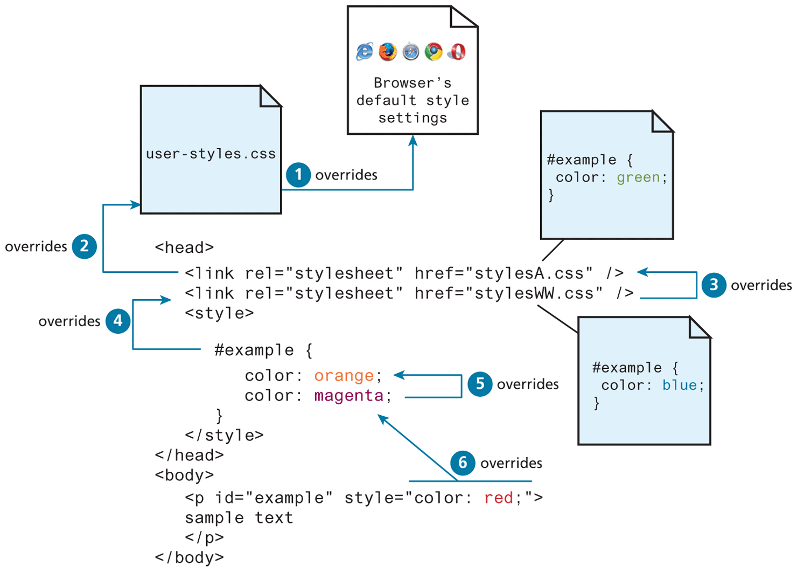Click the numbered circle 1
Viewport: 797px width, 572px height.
pos(298,175)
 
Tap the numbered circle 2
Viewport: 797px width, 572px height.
pos(85,246)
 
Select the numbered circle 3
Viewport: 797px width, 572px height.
pos(714,285)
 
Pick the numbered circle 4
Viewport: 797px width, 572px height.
pos(118,321)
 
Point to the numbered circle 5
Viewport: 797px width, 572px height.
pos(480,384)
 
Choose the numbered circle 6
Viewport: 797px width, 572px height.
pos(463,463)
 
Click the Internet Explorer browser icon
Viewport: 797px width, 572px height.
pos(365,52)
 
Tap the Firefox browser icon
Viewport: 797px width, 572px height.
pos(388,52)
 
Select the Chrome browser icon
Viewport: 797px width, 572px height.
pos(434,52)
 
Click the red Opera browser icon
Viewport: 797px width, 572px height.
pos(457,52)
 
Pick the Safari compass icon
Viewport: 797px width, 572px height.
pos(411,52)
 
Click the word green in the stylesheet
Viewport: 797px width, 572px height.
pos(638,177)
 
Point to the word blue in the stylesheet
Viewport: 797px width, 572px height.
pos(680,385)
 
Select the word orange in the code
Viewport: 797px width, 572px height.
pos(344,375)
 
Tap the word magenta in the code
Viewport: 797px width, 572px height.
pos(349,396)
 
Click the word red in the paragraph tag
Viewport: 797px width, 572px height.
pos(499,498)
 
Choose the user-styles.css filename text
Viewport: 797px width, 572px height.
pos(211,154)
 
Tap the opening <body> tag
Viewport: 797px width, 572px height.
pos(184,475)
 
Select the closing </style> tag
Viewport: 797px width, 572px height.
pos(224,435)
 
